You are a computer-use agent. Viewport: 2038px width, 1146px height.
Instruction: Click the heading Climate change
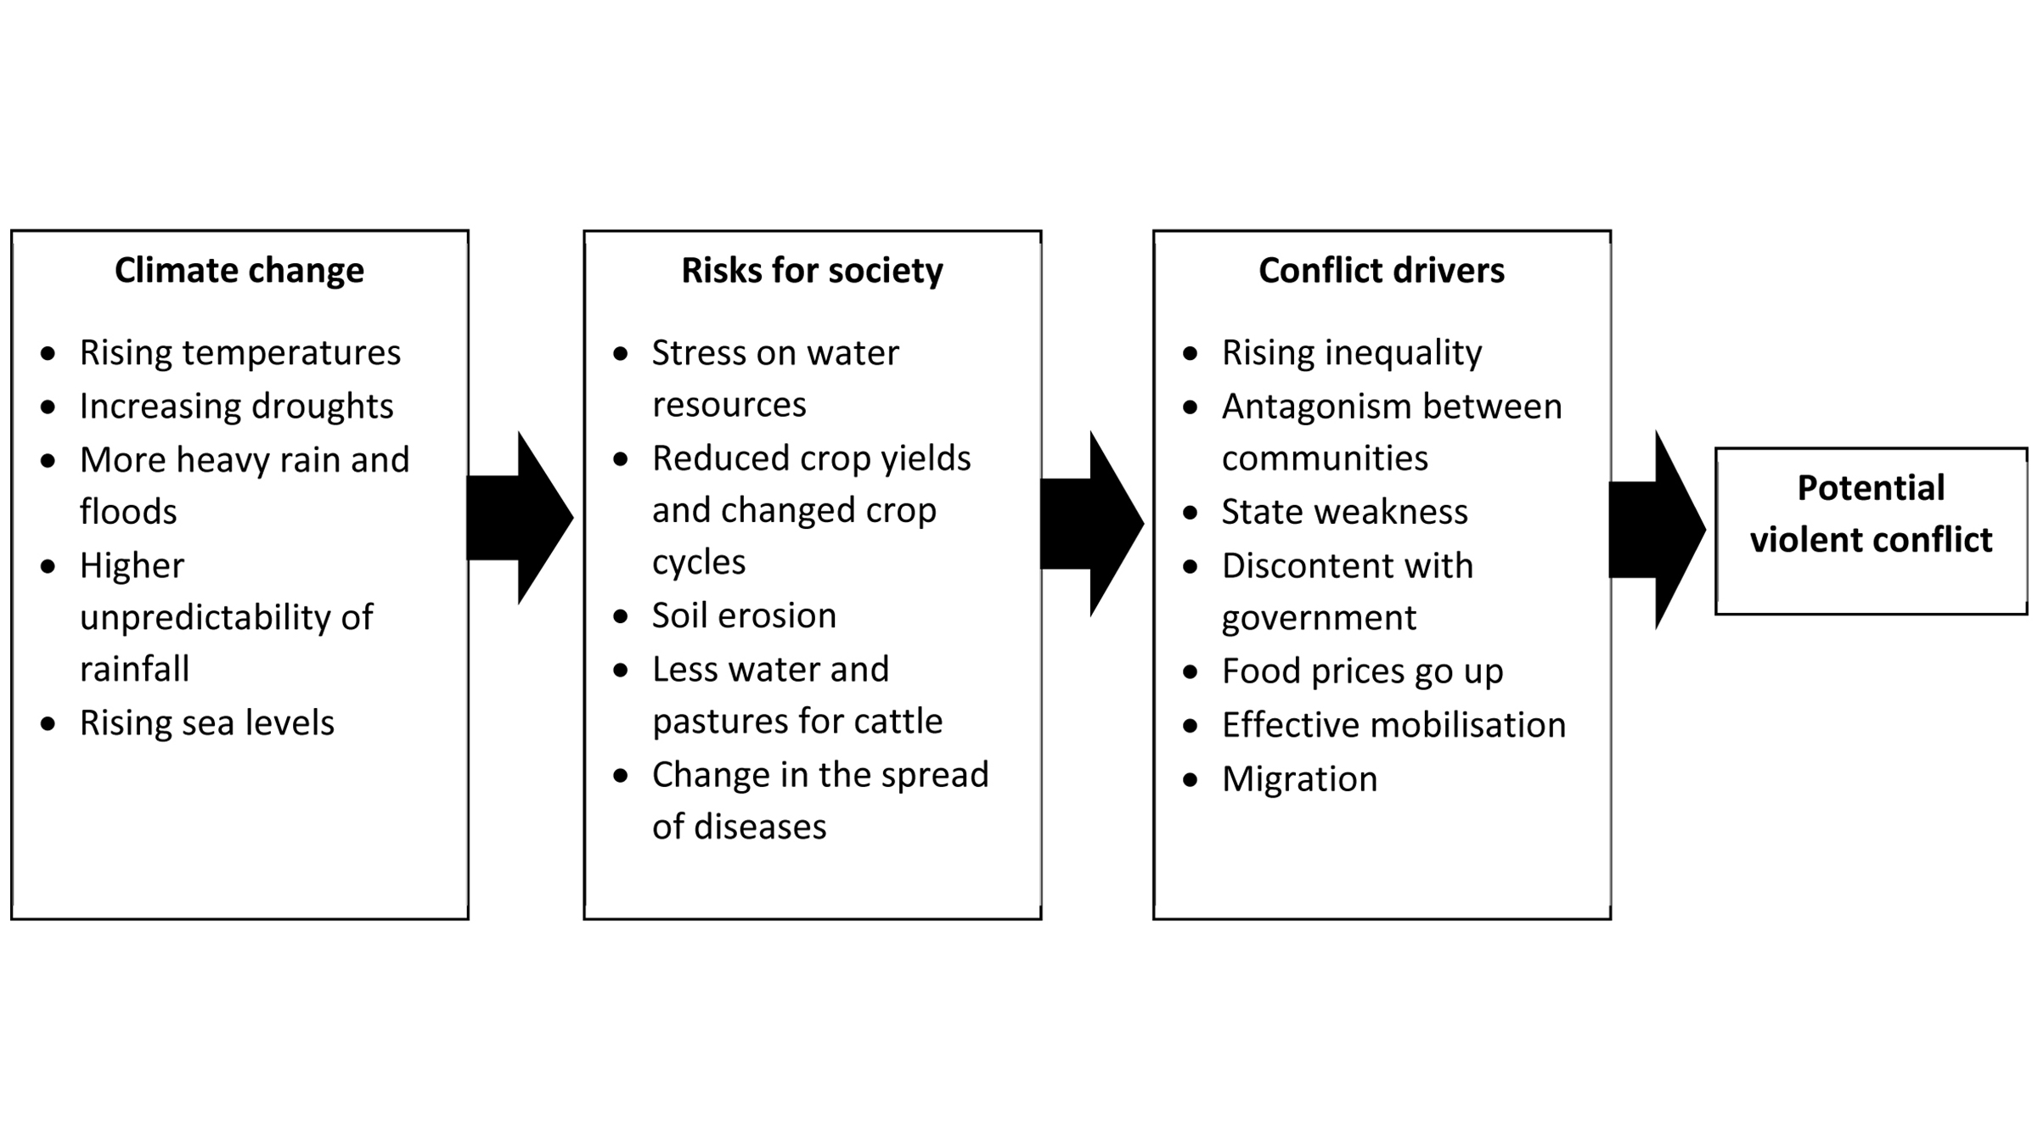tap(239, 271)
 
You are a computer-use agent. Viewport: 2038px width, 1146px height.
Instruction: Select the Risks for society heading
tap(812, 271)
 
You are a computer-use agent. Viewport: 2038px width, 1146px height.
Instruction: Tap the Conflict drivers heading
tap(1382, 271)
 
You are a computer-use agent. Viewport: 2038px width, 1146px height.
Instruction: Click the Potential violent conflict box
tap(1871, 531)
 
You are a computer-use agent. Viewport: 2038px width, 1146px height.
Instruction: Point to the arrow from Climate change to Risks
tap(520, 518)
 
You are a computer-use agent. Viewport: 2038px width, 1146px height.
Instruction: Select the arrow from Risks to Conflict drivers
tap(1092, 524)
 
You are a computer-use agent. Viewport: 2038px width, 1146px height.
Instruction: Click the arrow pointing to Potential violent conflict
tap(1658, 530)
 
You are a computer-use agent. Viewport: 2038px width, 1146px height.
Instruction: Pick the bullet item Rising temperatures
tap(240, 353)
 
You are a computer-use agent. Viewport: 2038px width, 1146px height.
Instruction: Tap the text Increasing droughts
tap(237, 407)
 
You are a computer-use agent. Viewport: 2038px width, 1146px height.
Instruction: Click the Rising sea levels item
tap(207, 723)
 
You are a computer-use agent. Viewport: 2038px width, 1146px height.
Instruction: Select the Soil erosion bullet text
tap(744, 615)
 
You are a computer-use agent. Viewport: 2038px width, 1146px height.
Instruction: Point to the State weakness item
tap(1345, 512)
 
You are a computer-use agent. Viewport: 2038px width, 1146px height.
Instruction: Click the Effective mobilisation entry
tap(1394, 725)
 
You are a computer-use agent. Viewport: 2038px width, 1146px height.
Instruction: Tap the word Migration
tap(1300, 779)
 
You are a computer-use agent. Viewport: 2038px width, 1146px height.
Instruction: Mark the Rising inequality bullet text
tap(1352, 353)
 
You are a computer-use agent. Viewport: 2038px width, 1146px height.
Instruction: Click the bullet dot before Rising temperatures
tap(48, 353)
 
